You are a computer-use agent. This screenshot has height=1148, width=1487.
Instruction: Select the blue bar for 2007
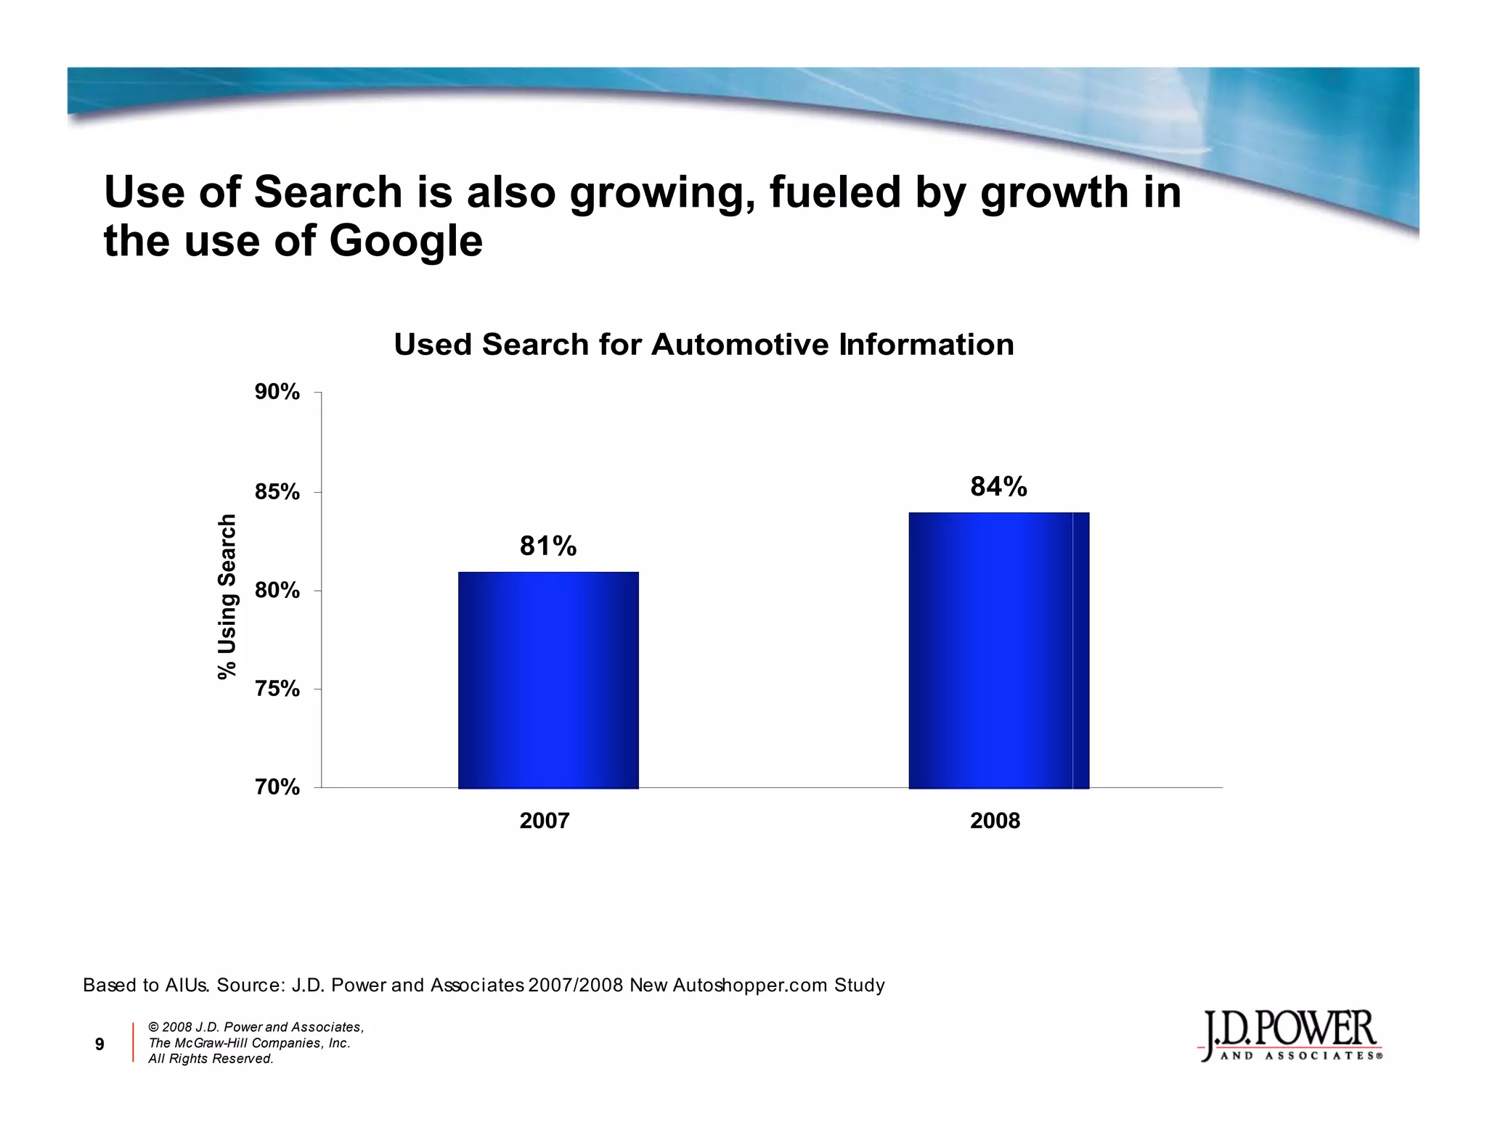coord(548,680)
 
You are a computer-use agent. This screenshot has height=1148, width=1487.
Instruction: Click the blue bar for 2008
coord(998,650)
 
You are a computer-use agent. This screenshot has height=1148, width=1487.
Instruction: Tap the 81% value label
coord(548,546)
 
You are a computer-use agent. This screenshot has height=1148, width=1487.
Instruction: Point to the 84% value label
coord(998,487)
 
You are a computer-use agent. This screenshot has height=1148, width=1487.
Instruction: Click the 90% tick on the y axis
coord(277,393)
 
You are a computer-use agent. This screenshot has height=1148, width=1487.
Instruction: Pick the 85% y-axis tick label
coord(277,493)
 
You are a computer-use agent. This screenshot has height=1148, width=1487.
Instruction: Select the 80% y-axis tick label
coord(277,591)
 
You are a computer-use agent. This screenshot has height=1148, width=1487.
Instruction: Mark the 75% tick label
coord(277,689)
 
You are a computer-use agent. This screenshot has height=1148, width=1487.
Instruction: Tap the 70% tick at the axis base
coord(277,787)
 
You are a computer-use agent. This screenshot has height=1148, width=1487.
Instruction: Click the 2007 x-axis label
coord(545,821)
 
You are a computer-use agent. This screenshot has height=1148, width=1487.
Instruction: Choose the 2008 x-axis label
coord(995,821)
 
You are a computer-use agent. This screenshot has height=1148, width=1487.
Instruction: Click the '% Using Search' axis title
coord(228,596)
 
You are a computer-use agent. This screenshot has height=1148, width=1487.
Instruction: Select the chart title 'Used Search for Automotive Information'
coord(704,345)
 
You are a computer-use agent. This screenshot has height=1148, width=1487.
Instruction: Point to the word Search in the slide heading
coord(328,192)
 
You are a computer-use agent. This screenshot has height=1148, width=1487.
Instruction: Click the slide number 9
coord(100,1044)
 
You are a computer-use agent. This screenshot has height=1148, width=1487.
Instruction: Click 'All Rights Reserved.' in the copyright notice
coord(211,1059)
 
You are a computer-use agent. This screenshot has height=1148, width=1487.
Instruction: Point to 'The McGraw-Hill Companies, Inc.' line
coord(249,1043)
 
